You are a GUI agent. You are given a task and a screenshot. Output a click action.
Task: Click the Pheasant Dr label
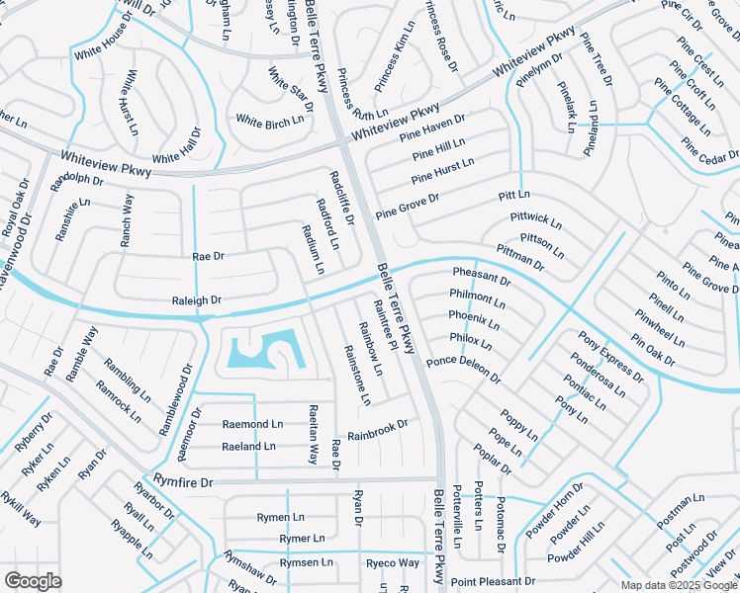[481, 276]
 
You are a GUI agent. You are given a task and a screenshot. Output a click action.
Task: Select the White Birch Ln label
[269, 122]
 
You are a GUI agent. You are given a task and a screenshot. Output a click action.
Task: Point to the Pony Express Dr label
[610, 357]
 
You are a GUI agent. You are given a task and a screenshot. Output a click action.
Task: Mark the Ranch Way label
[127, 219]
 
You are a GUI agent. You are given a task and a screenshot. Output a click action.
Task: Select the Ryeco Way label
[393, 563]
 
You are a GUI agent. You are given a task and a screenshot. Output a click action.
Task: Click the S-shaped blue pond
[266, 349]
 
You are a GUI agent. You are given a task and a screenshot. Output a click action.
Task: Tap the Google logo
[33, 580]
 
